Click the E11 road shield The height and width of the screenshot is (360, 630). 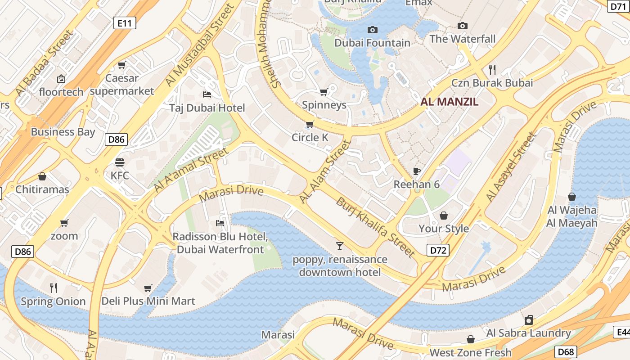point(125,23)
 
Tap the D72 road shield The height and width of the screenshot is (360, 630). point(437,250)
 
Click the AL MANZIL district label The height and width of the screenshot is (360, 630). point(449,102)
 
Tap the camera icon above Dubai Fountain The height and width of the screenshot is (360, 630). point(372,30)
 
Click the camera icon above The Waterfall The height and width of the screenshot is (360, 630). point(462,26)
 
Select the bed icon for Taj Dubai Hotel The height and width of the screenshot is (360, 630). point(207,94)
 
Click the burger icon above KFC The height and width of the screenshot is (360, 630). point(119,162)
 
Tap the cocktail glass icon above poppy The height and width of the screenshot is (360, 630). point(340,246)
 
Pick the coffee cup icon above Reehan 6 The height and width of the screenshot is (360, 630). point(416,171)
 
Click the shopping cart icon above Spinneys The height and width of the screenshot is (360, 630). point(324,92)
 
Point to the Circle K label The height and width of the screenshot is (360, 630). point(310,137)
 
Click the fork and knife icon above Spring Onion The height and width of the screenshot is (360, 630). point(54,288)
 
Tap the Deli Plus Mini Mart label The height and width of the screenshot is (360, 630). point(148,301)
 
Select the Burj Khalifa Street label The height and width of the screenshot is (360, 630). point(375,227)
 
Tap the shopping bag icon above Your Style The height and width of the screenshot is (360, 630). point(443,216)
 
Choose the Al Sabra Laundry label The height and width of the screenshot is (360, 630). point(528,333)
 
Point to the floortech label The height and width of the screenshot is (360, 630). point(61,92)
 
